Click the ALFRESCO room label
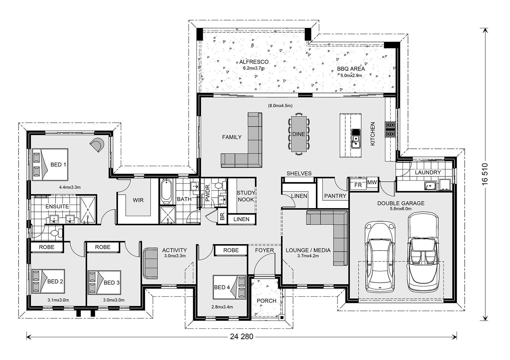pyautogui.click(x=254, y=62)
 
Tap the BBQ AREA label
pyautogui.click(x=351, y=69)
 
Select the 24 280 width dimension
pyautogui.click(x=241, y=337)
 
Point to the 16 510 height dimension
pyautogui.click(x=485, y=174)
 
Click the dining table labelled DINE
pyautogui.click(x=299, y=134)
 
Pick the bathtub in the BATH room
pyautogui.click(x=166, y=191)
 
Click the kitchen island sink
pyautogui.click(x=355, y=141)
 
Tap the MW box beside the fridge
pyautogui.click(x=372, y=182)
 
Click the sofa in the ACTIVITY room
pyautogui.click(x=150, y=263)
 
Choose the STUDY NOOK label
pyautogui.click(x=246, y=196)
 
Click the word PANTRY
pyautogui.click(x=335, y=196)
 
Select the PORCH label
pyautogui.click(x=266, y=301)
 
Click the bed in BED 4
pyautogui.click(x=229, y=287)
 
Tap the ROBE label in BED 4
pyautogui.click(x=231, y=250)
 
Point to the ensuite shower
pyautogui.click(x=88, y=209)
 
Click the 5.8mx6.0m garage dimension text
pyautogui.click(x=401, y=208)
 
